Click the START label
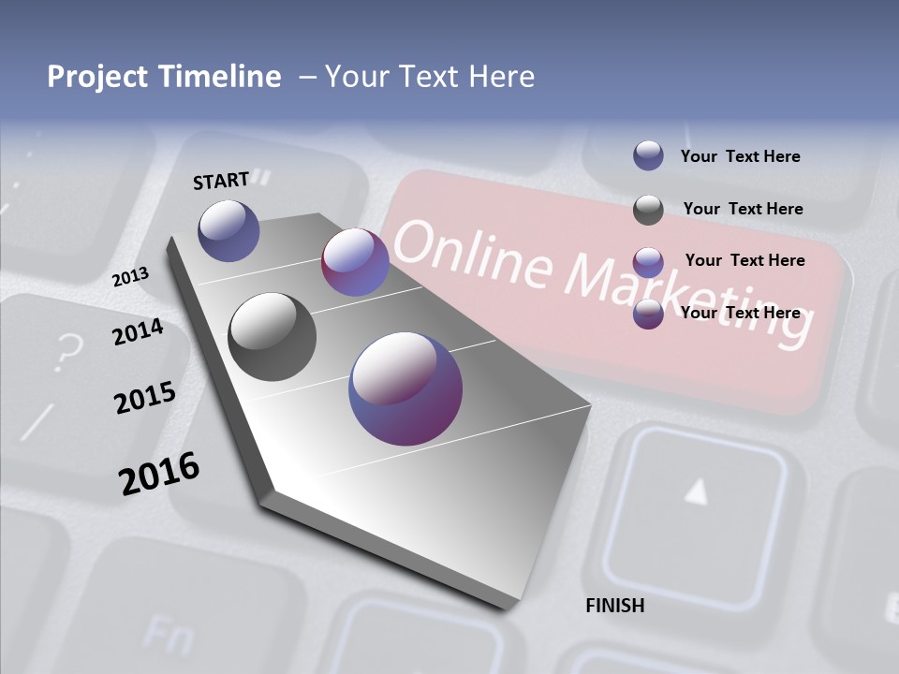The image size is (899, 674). (x=221, y=181)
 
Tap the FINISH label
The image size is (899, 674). (x=615, y=606)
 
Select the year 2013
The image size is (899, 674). (x=131, y=277)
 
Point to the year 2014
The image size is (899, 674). (x=138, y=332)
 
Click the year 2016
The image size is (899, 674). (x=159, y=473)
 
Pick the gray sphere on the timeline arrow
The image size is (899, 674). (x=273, y=337)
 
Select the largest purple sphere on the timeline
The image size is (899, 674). (x=405, y=388)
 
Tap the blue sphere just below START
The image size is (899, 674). (x=229, y=230)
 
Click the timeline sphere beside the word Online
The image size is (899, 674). (x=355, y=262)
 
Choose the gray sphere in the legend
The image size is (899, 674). (x=648, y=210)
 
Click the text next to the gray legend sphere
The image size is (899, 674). (x=743, y=209)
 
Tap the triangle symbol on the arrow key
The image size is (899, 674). (x=696, y=491)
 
